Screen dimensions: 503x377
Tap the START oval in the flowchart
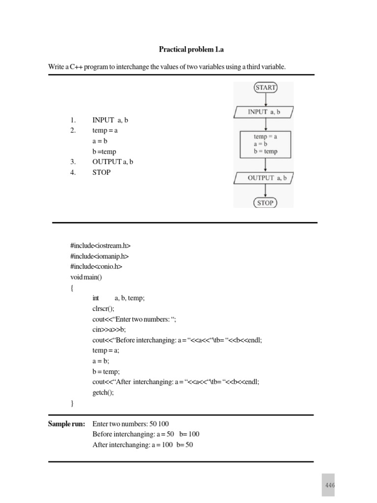265,88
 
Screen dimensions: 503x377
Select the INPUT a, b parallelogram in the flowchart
265,112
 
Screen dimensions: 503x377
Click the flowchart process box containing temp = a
265,144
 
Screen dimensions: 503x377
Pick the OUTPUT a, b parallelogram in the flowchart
265,178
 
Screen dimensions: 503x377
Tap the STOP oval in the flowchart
265,202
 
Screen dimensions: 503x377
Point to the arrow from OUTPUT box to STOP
265,191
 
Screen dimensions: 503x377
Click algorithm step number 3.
73,162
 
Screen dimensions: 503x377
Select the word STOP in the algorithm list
101,172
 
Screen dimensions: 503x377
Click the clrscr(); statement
103,308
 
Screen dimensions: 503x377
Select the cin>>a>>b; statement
109,330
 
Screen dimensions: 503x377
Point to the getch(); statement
103,392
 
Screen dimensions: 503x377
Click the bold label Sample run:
66,423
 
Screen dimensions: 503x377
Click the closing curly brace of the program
72,403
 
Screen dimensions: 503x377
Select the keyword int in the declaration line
96,298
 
